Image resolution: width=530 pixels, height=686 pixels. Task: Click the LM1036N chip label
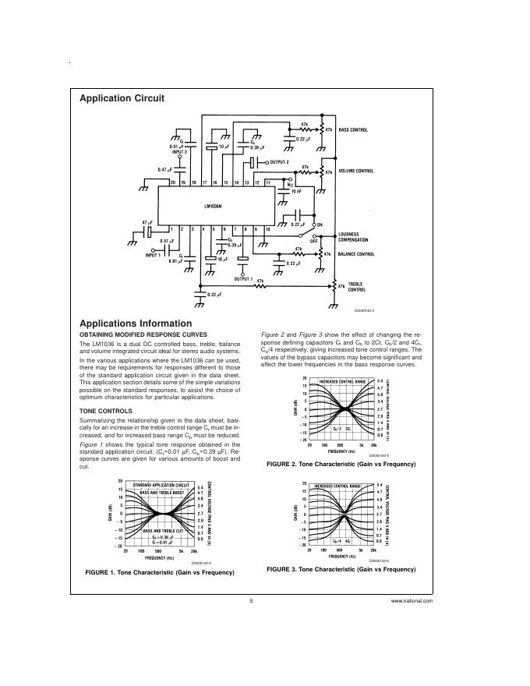pyautogui.click(x=214, y=207)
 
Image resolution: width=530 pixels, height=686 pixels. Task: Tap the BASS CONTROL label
pyautogui.click(x=354, y=129)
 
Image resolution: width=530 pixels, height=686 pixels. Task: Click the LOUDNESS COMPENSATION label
pyautogui.click(x=357, y=237)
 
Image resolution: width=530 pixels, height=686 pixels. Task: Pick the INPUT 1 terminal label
pyautogui.click(x=153, y=255)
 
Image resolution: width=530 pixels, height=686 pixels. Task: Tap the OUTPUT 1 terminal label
pyautogui.click(x=243, y=278)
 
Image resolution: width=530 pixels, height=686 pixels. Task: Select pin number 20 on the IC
pyautogui.click(x=171, y=181)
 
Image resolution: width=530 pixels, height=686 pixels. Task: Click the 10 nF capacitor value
pyautogui.click(x=295, y=190)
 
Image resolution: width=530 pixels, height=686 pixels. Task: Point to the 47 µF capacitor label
pyautogui.click(x=147, y=222)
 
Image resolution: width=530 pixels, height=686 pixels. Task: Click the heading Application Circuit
pyautogui.click(x=122, y=98)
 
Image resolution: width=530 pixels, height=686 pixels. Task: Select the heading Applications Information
pyautogui.click(x=136, y=323)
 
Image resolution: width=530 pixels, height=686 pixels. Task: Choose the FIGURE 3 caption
pyautogui.click(x=341, y=569)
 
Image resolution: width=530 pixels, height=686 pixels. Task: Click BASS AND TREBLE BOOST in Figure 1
pyautogui.click(x=163, y=493)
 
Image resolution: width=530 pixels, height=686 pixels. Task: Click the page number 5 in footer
pyautogui.click(x=252, y=601)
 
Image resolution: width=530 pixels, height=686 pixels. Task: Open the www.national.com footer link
pyautogui.click(x=412, y=601)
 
